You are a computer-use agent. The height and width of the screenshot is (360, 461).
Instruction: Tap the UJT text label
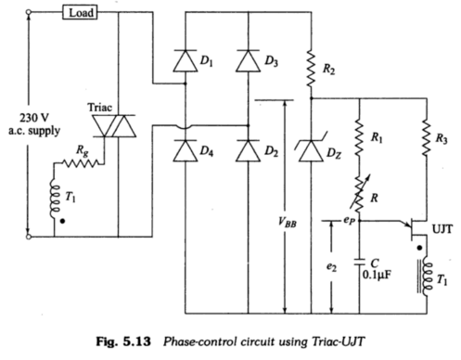click(438, 225)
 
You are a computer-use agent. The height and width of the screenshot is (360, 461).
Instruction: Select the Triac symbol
click(122, 135)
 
